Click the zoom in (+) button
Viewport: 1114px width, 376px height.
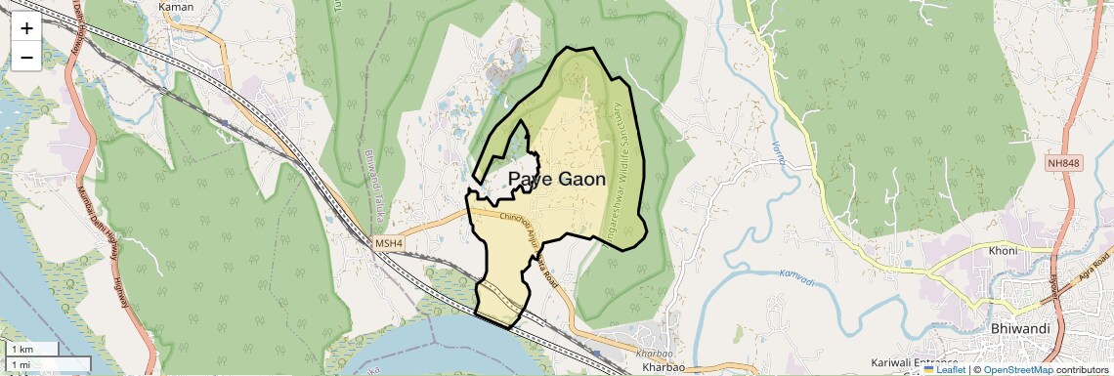click(26, 28)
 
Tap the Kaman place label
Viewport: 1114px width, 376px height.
click(176, 7)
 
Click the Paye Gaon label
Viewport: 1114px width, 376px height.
click(557, 180)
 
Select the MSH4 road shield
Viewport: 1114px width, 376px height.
click(388, 241)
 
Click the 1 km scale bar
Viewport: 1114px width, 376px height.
click(34, 349)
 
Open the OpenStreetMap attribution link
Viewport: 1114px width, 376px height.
click(1017, 369)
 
